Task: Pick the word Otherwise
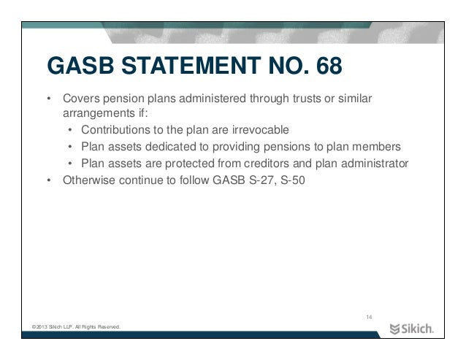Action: pyautogui.click(x=89, y=178)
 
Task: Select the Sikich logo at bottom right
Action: pyautogui.click(x=411, y=327)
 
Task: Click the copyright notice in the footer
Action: pyautogui.click(x=72, y=326)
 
